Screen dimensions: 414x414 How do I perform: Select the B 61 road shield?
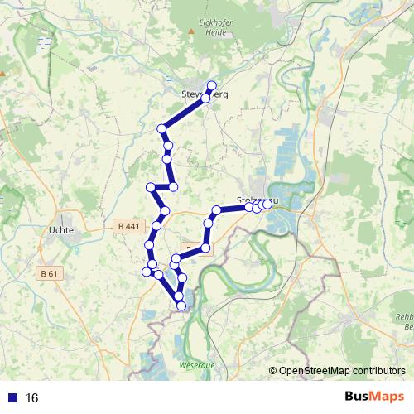point(50,272)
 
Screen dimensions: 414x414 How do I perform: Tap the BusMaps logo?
point(374,398)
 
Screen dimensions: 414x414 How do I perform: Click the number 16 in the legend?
point(33,398)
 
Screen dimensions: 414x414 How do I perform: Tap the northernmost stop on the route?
point(211,85)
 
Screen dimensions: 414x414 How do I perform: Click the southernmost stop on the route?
point(181,306)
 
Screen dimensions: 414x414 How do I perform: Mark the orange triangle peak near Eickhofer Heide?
point(192,31)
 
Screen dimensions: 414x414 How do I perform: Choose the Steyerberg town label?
point(204,94)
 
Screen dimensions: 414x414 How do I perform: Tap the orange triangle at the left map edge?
point(2,73)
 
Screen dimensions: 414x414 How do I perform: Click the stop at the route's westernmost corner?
point(147,271)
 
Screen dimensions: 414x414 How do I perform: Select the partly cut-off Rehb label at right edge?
point(405,317)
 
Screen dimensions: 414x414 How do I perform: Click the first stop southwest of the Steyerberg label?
point(162,128)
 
